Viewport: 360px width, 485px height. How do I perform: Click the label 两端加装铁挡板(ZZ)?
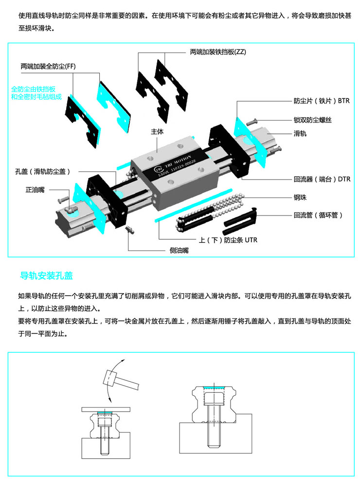tap(218, 52)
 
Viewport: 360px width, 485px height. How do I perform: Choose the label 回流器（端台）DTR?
tap(322, 179)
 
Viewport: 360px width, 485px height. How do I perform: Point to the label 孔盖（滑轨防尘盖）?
tap(43, 171)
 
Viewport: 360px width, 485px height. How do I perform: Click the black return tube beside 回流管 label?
tap(241, 221)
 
